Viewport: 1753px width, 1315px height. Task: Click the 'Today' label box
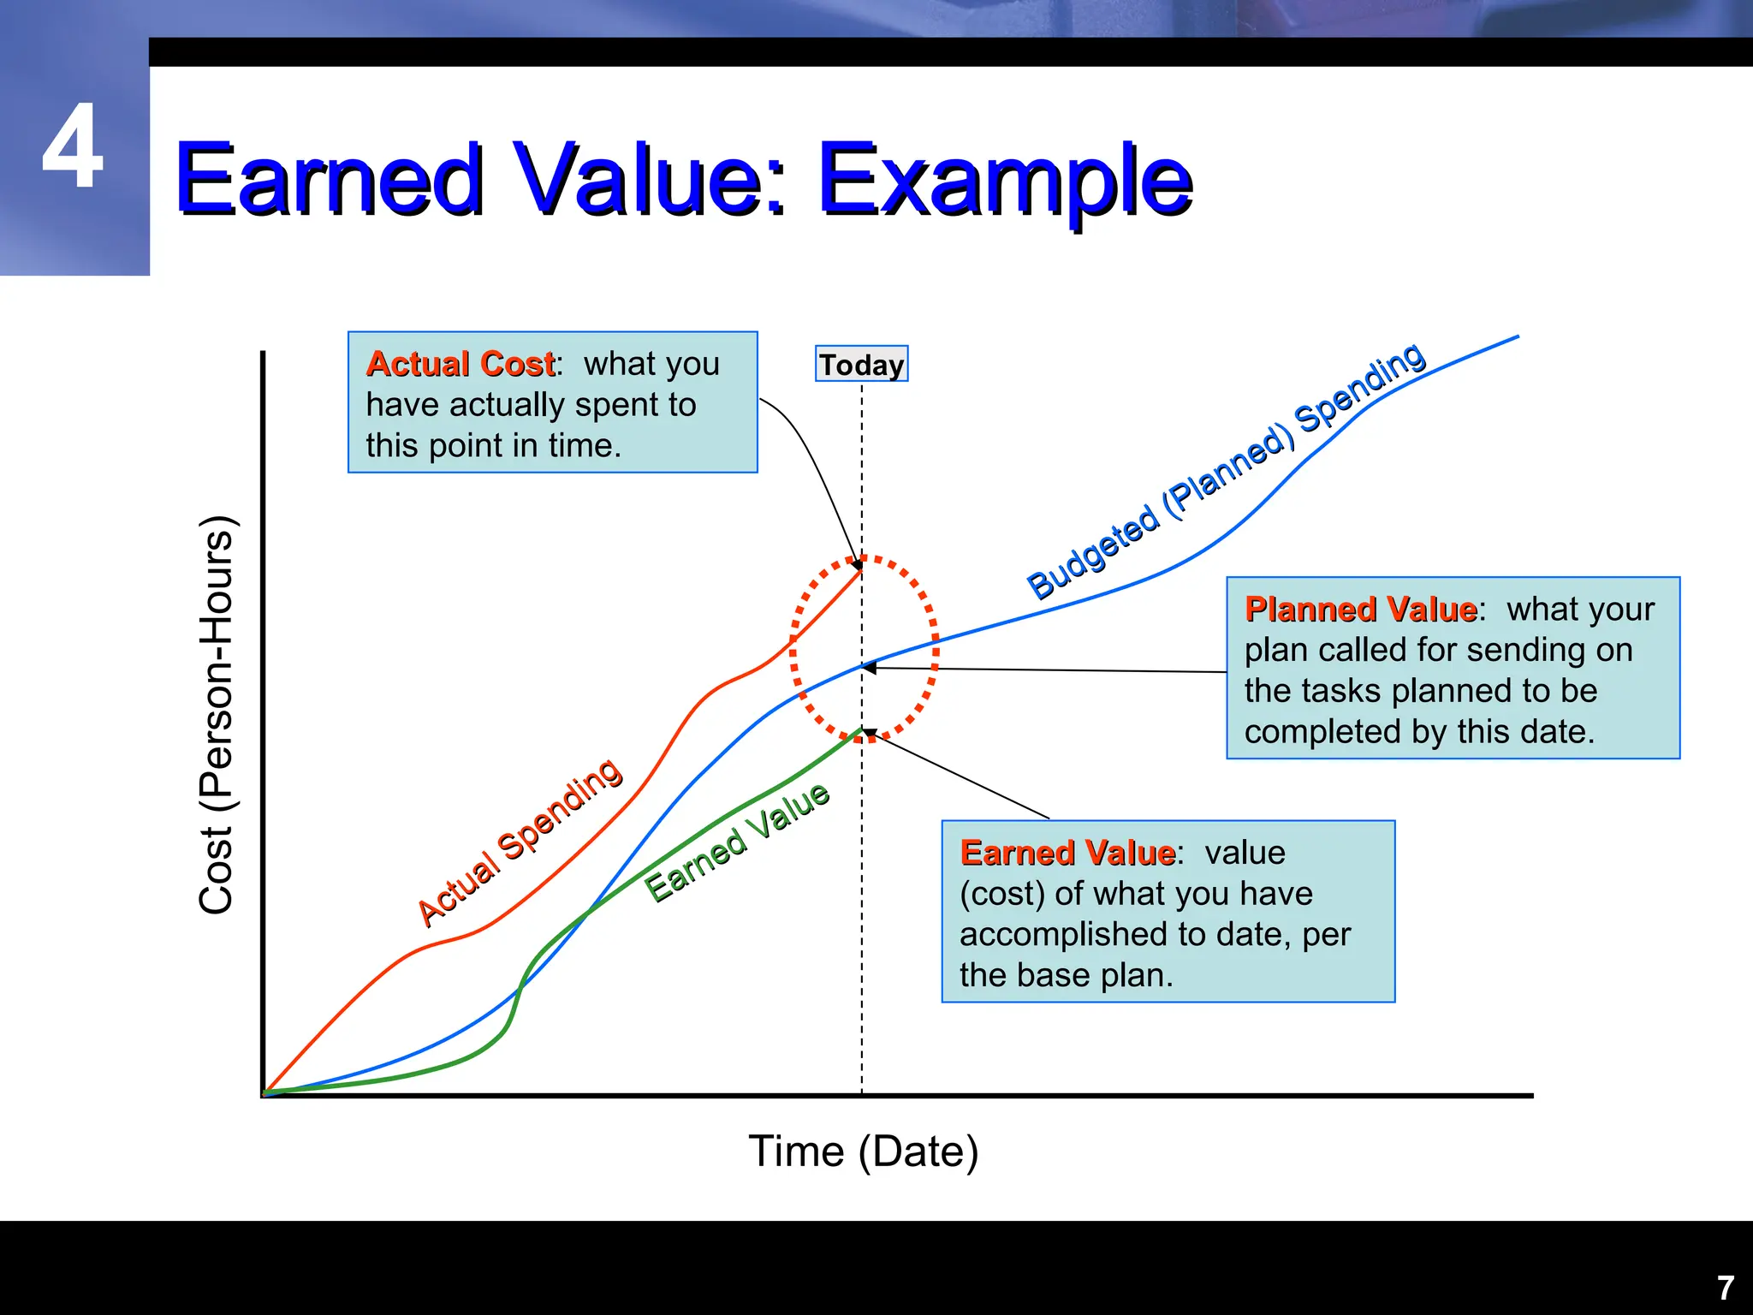click(861, 364)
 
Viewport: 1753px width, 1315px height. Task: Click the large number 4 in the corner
click(73, 146)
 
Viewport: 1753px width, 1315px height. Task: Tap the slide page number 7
click(1726, 1288)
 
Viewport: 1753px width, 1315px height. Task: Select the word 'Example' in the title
click(1005, 180)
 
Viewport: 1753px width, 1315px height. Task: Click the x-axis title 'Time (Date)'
click(863, 1151)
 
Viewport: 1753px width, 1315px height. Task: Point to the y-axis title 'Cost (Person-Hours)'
click(216, 715)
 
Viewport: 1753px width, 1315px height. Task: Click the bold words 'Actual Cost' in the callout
click(461, 364)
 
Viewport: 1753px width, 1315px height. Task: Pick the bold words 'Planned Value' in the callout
click(1360, 609)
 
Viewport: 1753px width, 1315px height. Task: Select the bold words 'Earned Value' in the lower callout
click(1067, 853)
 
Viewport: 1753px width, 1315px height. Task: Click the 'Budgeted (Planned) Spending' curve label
click(1226, 470)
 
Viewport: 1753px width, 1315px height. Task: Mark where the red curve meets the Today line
click(861, 568)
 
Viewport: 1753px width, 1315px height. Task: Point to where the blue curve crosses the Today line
click(862, 666)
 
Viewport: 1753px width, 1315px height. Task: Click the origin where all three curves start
click(265, 1093)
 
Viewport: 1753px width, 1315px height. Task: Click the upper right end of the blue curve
click(1517, 337)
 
